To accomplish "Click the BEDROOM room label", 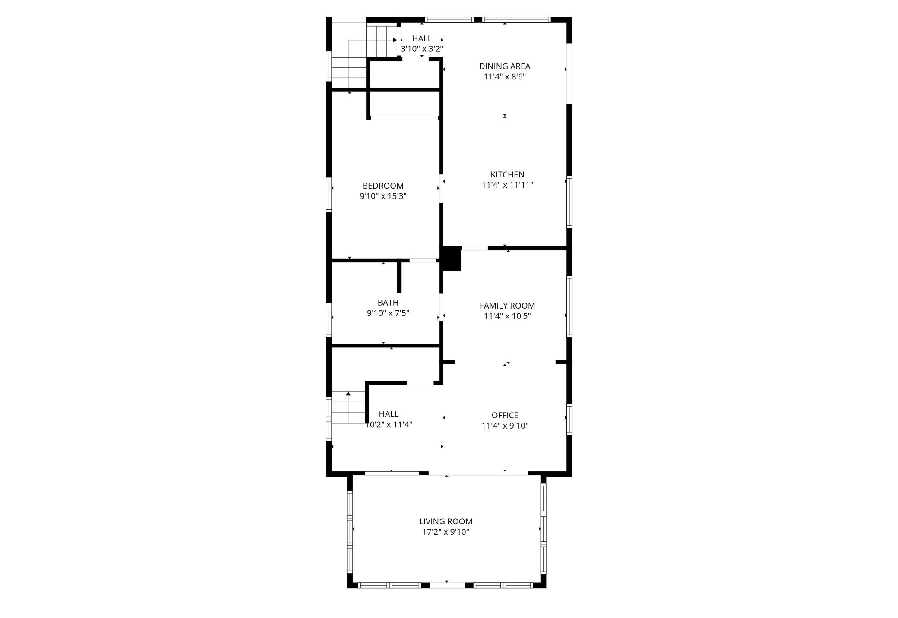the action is point(383,186).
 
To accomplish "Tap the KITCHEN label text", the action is point(507,175).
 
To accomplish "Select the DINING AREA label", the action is point(505,66).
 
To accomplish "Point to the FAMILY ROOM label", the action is point(507,306).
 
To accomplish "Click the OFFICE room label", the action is point(505,415).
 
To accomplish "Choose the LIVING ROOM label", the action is point(446,521).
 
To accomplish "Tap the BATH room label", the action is point(388,303).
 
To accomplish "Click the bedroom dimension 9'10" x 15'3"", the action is point(383,196).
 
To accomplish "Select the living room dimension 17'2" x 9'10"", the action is point(446,532).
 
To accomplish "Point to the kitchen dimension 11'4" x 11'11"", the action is point(507,185).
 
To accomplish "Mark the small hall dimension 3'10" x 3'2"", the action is point(422,49).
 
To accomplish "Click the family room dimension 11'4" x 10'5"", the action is point(507,316).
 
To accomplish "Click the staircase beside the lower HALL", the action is point(348,407).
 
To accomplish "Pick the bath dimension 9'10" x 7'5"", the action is point(388,313).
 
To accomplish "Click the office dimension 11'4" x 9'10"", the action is point(505,426).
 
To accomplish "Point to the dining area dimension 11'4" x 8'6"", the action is point(505,77).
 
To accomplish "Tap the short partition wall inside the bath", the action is point(399,277).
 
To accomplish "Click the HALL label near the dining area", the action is point(422,38).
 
